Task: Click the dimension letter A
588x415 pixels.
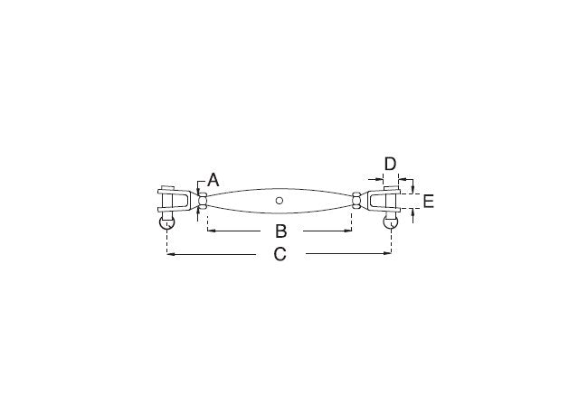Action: (x=213, y=180)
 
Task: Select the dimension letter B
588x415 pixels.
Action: (x=280, y=231)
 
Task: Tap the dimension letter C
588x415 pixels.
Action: (x=280, y=254)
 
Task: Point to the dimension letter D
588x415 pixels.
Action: (x=391, y=165)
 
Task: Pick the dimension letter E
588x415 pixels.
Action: (x=428, y=202)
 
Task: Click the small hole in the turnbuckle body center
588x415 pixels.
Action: (x=279, y=201)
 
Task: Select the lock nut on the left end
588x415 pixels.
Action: (x=203, y=201)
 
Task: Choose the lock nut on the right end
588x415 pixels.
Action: (x=356, y=201)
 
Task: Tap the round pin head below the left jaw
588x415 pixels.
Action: (x=166, y=222)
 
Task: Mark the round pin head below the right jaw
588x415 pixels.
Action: (x=391, y=222)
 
